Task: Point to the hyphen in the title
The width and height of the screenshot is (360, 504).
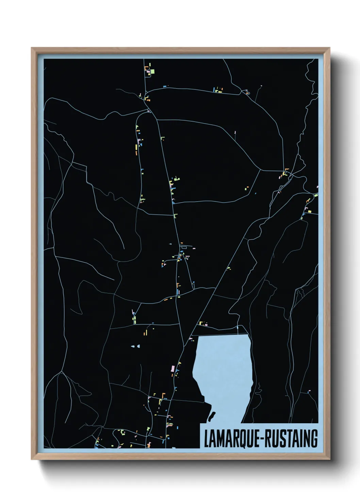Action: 261,439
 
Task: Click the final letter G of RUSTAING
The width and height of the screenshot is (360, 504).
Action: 314,439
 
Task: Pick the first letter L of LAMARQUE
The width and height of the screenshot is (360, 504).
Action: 206,439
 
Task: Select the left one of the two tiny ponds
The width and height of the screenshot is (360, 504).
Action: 133,346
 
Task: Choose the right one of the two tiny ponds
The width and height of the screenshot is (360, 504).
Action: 138,346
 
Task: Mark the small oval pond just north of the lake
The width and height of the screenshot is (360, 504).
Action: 237,328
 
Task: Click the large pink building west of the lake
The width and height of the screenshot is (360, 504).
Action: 173,369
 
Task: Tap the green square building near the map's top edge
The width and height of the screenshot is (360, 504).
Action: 152,71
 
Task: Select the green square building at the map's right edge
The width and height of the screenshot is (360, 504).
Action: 315,195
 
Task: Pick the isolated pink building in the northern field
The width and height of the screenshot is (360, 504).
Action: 235,132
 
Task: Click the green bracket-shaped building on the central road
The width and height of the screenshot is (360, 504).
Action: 176,215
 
